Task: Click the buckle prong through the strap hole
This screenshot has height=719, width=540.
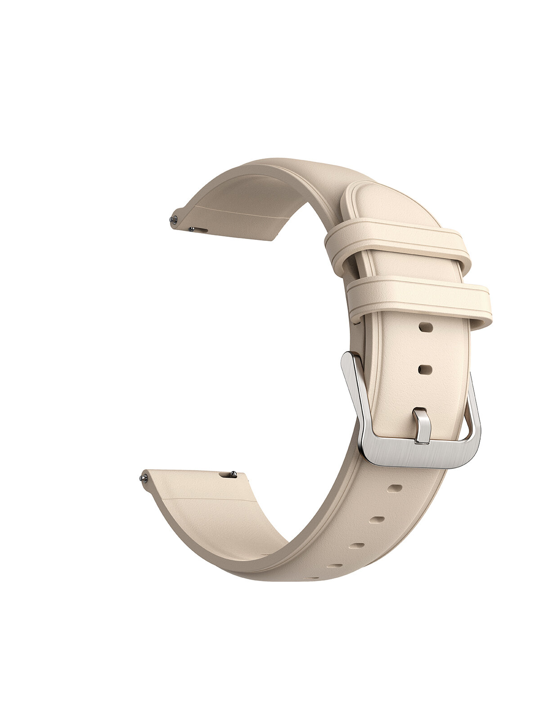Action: [x=422, y=425]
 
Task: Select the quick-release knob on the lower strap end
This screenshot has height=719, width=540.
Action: [x=233, y=474]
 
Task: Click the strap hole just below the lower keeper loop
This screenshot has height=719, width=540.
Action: [x=426, y=327]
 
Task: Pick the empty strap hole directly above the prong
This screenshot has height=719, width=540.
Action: [x=425, y=369]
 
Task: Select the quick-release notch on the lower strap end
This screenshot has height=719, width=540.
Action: [x=225, y=475]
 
